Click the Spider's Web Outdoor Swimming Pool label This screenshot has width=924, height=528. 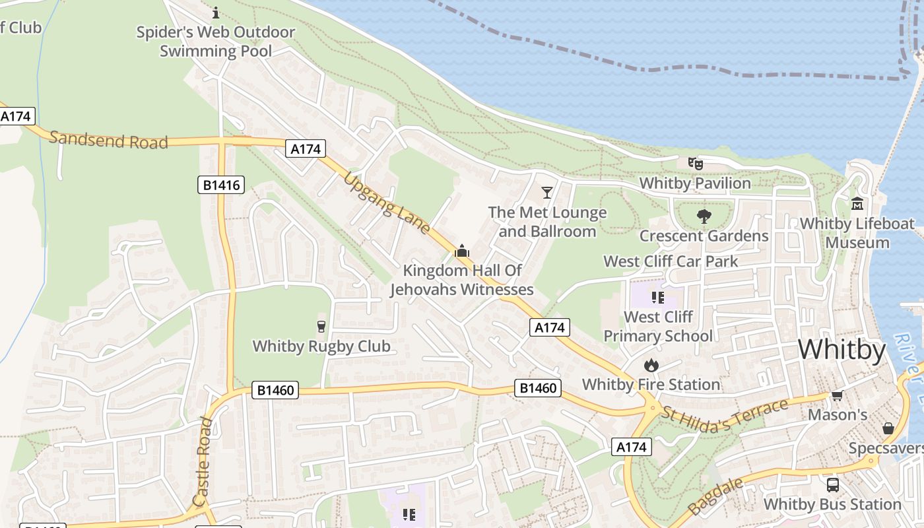(x=216, y=41)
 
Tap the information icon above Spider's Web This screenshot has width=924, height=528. (x=216, y=13)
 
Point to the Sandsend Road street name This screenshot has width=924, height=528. (x=108, y=139)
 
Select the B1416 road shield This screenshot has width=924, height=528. (x=221, y=185)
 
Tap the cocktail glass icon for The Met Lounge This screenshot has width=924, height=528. (x=547, y=192)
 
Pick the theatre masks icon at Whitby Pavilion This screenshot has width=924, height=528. (x=695, y=163)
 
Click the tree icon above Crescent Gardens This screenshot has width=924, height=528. (x=704, y=216)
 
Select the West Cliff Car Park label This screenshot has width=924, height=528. (x=671, y=261)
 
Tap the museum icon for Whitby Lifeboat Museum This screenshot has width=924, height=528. (x=857, y=203)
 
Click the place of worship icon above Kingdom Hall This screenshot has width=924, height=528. (x=462, y=251)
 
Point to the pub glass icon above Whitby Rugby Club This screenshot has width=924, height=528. (x=321, y=327)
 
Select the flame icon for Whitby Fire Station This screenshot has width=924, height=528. (x=651, y=365)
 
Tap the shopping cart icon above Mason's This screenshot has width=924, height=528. (x=838, y=395)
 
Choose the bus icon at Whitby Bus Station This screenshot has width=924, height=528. (x=833, y=485)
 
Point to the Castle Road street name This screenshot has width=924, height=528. (x=203, y=461)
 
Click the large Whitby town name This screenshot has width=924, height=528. (x=841, y=350)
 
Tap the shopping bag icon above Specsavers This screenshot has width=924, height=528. (x=888, y=428)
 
